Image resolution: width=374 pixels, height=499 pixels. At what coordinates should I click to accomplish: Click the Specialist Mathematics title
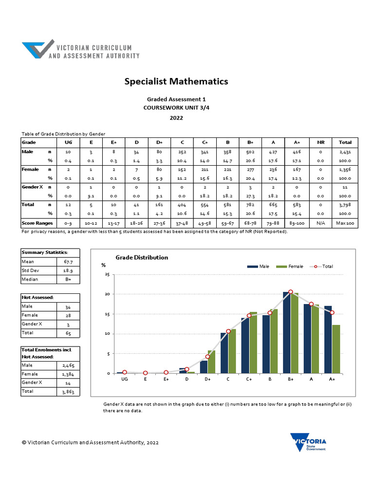[x=176, y=81]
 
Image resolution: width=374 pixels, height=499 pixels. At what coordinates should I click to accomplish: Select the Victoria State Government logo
[x=308, y=442]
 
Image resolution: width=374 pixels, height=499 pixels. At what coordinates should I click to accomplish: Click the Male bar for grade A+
[x=328, y=340]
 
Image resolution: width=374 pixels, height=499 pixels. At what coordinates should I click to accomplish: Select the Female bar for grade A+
[x=336, y=349]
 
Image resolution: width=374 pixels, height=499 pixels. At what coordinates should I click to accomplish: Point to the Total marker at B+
[x=291, y=292]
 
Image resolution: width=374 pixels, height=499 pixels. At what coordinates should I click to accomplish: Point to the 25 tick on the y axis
[x=107, y=275]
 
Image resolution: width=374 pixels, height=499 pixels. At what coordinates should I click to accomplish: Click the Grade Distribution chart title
[x=142, y=257]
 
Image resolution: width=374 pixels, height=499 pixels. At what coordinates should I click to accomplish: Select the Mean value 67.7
[x=69, y=262]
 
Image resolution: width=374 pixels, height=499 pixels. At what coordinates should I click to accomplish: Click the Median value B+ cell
[x=69, y=279]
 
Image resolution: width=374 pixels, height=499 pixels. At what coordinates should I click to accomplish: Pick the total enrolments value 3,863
[x=69, y=391]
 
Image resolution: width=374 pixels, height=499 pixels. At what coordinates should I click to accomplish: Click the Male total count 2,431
[x=345, y=153]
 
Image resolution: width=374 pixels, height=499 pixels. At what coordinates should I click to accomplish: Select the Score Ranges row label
[x=37, y=223]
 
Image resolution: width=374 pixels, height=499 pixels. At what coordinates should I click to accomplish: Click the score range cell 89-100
[x=297, y=223]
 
